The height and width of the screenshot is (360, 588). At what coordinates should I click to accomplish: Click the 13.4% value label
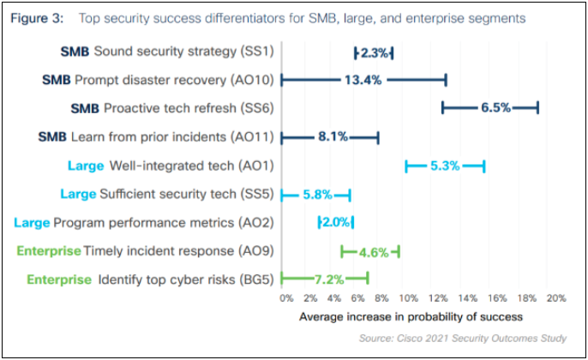[363, 80]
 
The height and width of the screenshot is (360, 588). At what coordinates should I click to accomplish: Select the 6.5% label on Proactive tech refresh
[495, 108]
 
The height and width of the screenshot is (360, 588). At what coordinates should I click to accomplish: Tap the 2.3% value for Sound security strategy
[375, 52]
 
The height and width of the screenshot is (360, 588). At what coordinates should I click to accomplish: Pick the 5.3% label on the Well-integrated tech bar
[446, 165]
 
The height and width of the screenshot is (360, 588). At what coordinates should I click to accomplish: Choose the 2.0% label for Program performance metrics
[336, 223]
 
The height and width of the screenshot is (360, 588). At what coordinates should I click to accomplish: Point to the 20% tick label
[555, 299]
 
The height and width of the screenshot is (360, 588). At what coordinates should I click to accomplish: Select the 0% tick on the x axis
[286, 299]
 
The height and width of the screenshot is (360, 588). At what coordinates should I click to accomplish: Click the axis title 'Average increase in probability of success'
[411, 316]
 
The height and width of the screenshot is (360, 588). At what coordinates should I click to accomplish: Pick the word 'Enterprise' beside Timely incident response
[48, 252]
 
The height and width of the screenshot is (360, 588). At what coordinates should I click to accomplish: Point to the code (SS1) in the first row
[255, 51]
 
